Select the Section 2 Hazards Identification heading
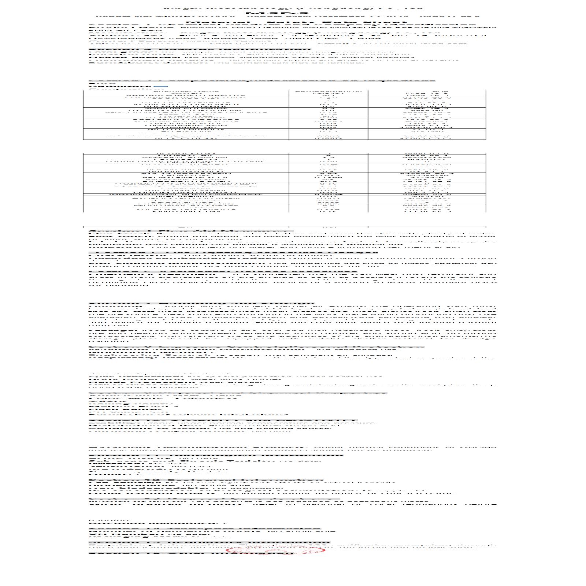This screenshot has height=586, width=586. click(200, 49)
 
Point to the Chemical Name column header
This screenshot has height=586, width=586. click(186, 92)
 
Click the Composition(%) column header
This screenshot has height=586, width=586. click(328, 92)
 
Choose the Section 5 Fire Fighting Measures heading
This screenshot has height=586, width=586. click(233, 253)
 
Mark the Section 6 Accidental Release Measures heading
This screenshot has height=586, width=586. click(223, 272)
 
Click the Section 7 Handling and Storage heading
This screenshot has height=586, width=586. click(201, 303)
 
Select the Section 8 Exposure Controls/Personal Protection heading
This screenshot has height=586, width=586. click(256, 347)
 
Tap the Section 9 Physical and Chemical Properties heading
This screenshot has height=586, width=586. click(237, 393)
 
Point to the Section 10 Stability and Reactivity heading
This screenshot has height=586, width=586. click(223, 420)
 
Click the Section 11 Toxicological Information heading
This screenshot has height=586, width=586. click(216, 455)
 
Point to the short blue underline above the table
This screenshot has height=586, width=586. click(158, 87)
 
